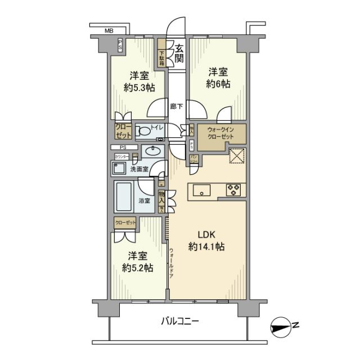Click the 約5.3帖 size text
(x=136, y=88)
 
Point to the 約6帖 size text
(x=217, y=84)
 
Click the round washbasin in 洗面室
(x=150, y=151)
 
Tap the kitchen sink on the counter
(x=201, y=190)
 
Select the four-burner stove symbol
(x=233, y=190)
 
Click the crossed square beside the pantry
(x=237, y=155)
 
